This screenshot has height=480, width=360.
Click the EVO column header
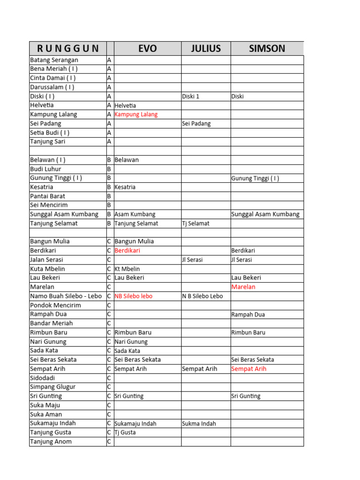(147, 48)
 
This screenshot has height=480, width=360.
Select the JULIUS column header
(206, 48)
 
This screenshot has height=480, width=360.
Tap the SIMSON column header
(266, 48)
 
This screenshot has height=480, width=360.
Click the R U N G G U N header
(67, 48)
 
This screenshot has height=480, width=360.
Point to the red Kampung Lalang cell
(136, 114)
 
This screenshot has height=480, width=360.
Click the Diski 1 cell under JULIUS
(191, 97)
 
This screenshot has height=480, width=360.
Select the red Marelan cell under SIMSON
(243, 287)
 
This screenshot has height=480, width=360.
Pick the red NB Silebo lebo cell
(133, 296)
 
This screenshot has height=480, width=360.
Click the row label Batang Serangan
(54, 60)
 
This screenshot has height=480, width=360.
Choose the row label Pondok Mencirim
(55, 305)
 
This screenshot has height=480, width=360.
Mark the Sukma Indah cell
(199, 424)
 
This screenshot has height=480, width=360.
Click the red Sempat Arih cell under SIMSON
(249, 369)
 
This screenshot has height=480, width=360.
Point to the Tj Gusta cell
(125, 433)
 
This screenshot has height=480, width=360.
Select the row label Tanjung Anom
(51, 442)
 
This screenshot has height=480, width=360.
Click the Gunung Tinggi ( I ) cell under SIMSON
(255, 178)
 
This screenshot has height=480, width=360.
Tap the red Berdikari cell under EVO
(127, 251)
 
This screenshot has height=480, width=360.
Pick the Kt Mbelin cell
(127, 269)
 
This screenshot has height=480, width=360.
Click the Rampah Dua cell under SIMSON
(248, 315)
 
